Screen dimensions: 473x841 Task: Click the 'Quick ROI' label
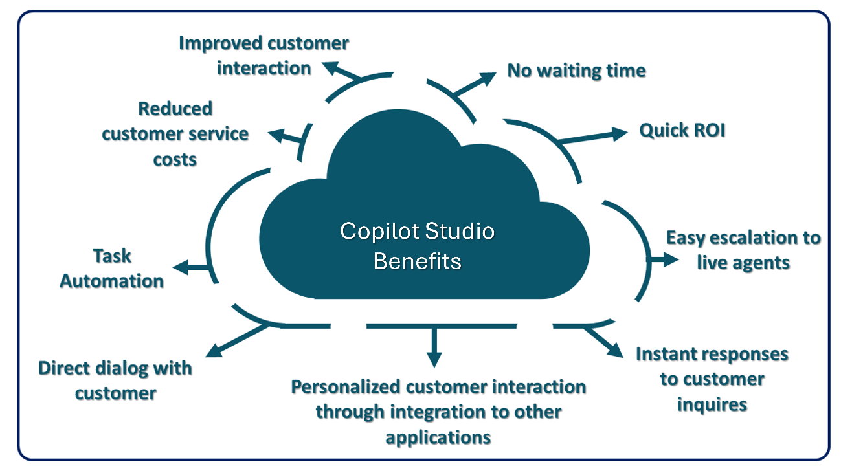(x=682, y=131)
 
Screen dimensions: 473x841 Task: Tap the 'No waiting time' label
(x=576, y=70)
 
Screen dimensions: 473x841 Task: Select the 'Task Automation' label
(x=111, y=269)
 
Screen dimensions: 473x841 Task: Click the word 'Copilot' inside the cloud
(x=375, y=231)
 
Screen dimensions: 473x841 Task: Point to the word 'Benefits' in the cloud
(x=418, y=261)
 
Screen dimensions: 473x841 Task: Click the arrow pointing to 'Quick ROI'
(x=592, y=137)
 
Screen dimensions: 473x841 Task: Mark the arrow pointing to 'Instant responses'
(x=602, y=342)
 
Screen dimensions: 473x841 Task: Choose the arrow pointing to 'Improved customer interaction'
(x=340, y=72)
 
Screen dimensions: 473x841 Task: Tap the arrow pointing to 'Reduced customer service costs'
(x=285, y=137)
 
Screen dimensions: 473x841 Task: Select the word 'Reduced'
(x=175, y=109)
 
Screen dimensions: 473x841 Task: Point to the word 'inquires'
(x=712, y=404)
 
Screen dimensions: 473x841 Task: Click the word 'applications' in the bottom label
(x=438, y=437)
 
